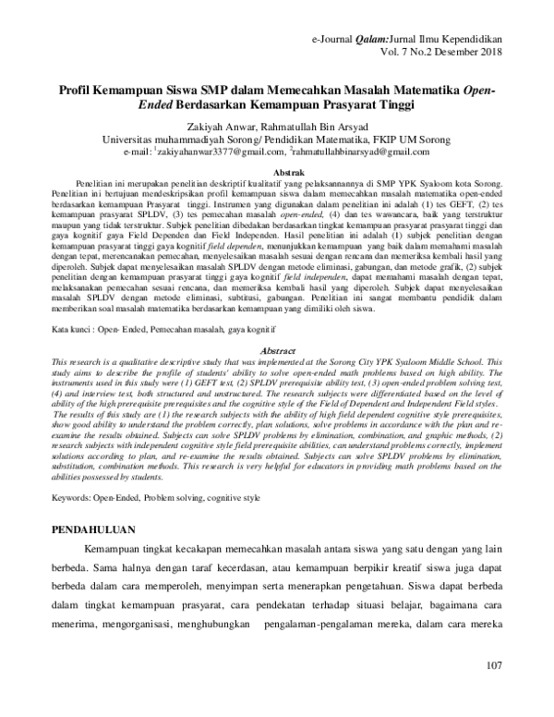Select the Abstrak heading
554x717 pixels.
[276, 173]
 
